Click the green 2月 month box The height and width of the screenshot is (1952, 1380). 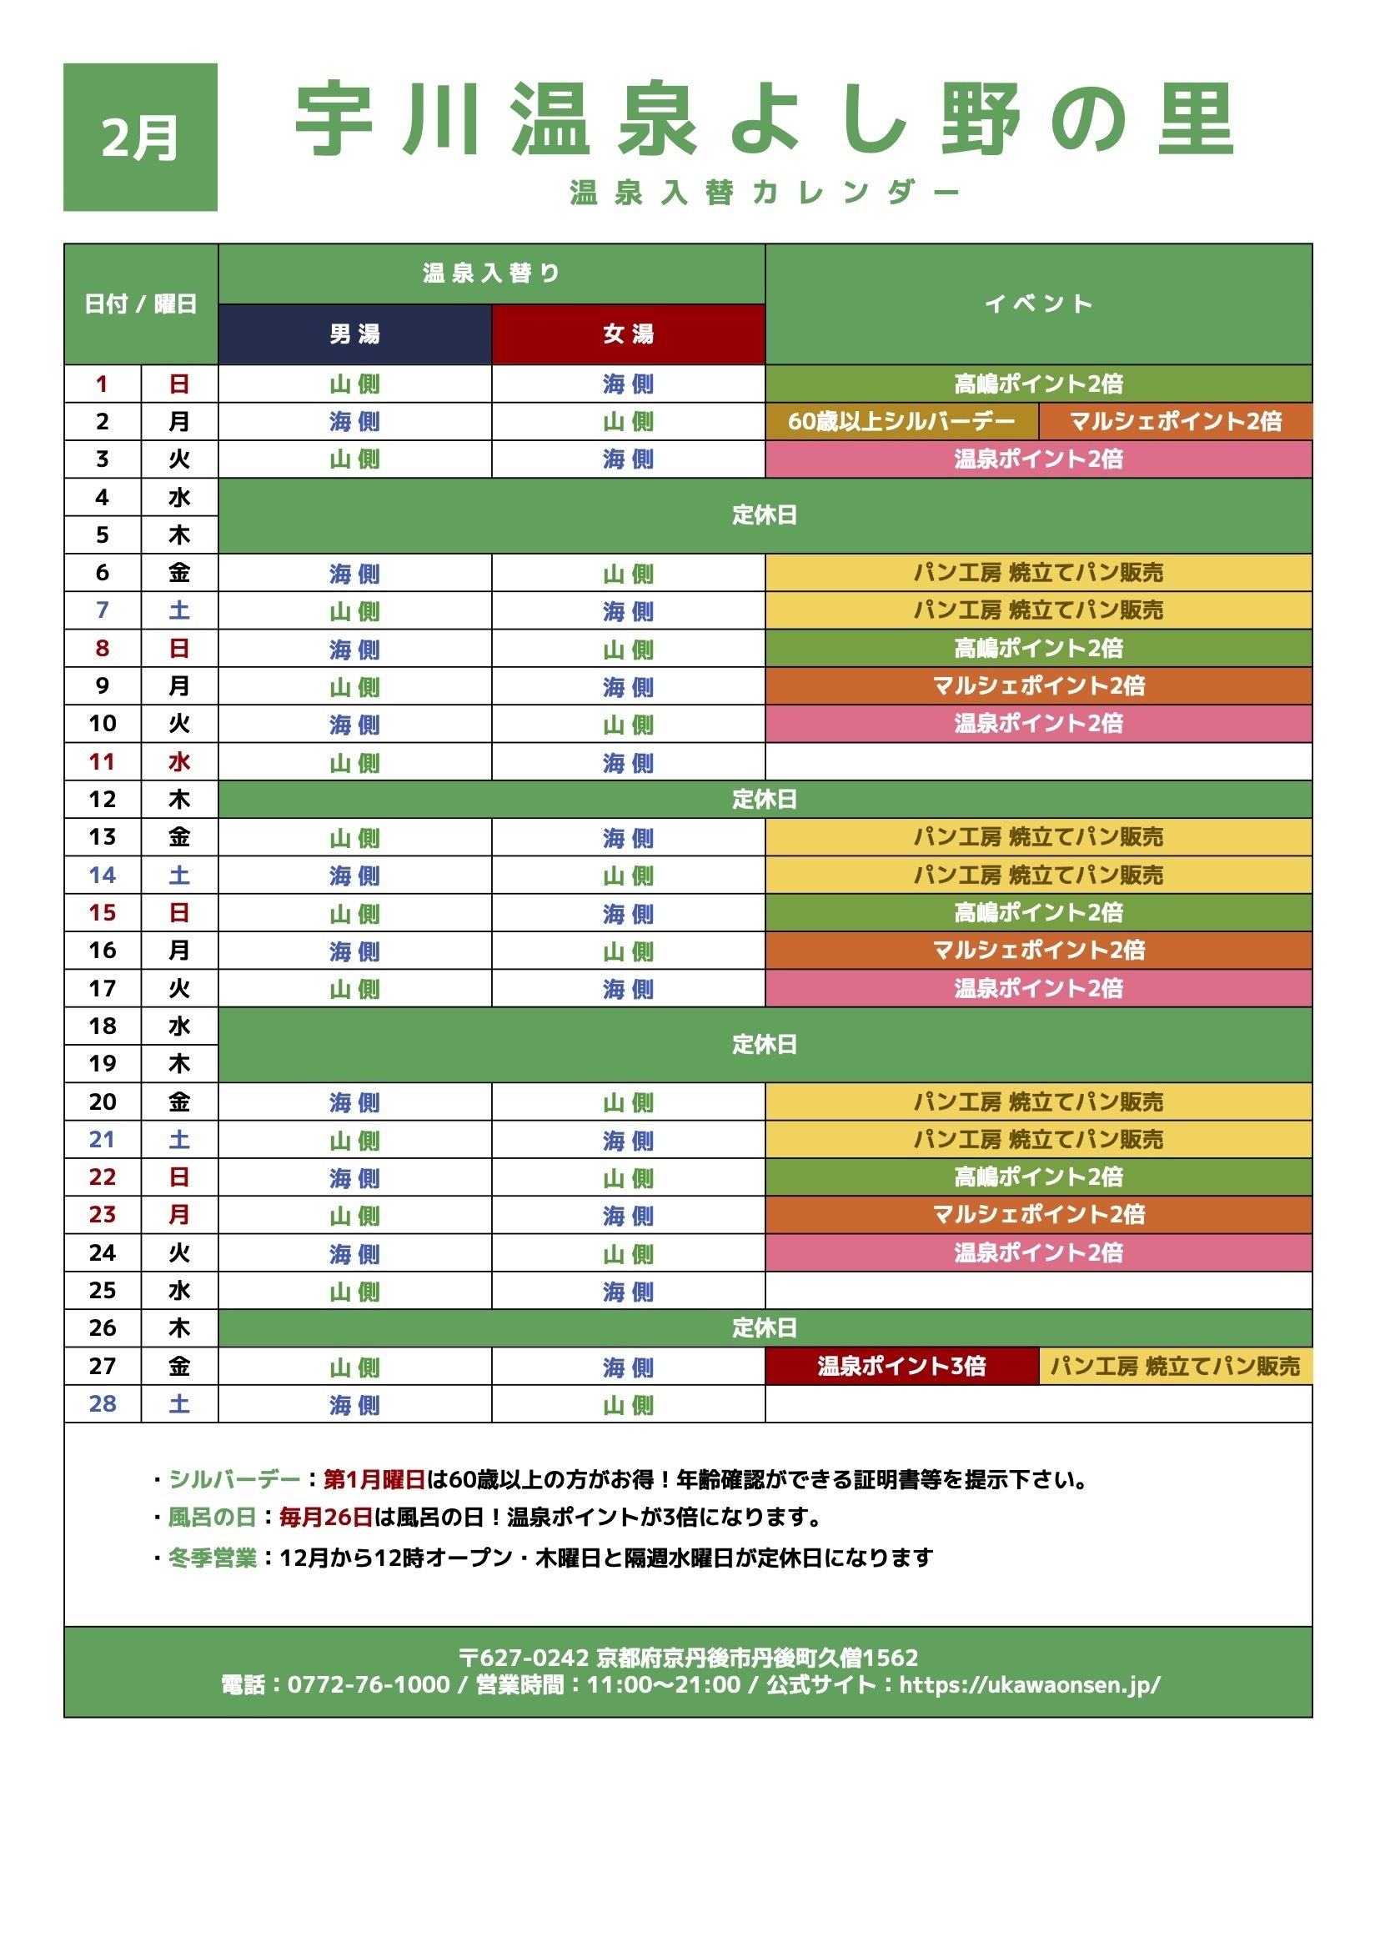140,137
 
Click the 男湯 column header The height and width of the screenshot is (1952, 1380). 354,334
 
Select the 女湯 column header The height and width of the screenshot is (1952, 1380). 629,334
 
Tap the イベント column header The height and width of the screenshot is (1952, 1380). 1038,304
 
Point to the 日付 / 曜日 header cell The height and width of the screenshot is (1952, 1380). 140,304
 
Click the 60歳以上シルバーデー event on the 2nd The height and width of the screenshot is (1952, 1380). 901,421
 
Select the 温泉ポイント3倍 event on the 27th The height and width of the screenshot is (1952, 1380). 901,1365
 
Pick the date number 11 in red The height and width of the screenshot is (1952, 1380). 102,762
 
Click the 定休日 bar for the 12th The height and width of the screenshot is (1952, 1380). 765,799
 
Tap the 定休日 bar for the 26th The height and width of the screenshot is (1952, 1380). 765,1327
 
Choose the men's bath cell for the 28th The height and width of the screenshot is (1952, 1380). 354,1404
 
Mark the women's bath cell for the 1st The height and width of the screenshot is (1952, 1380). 629,384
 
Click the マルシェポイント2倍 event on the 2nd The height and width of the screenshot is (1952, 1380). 1175,421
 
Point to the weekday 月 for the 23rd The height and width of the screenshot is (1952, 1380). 178,1214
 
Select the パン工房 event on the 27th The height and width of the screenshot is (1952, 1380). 1175,1365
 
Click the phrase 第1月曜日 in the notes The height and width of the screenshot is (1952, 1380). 374,1479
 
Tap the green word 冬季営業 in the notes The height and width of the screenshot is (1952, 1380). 213,1558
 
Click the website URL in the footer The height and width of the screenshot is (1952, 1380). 1029,1684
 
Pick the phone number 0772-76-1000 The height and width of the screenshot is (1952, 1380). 369,1684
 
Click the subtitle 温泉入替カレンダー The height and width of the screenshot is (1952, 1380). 765,193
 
